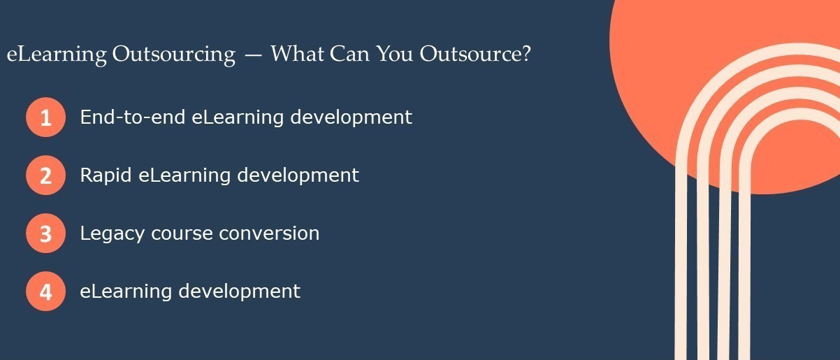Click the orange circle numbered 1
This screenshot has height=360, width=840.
point(45,117)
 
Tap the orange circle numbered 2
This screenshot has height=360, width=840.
point(45,175)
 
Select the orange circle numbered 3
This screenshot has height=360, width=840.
point(45,233)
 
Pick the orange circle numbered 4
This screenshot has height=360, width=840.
point(45,291)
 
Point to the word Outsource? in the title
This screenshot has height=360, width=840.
point(475,55)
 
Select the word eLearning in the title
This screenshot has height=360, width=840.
point(57,55)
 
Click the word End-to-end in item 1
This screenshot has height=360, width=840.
point(133,117)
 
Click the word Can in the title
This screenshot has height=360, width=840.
point(349,55)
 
